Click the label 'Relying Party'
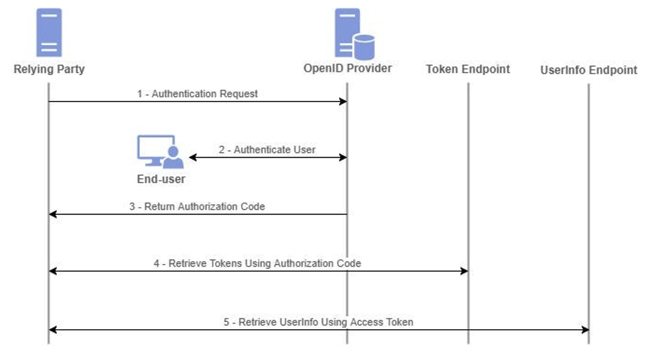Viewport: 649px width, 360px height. tap(49, 69)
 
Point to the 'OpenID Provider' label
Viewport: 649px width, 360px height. tap(347, 68)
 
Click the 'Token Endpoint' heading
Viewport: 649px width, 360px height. tap(468, 69)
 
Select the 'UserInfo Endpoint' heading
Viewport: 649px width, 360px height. tap(589, 70)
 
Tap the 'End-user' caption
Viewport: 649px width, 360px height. tap(161, 179)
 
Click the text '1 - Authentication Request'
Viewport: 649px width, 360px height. tap(197, 94)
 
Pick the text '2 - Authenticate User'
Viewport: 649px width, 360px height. tap(267, 149)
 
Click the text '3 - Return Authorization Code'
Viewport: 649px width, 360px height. tap(197, 206)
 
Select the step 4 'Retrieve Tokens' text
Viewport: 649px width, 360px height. tap(257, 263)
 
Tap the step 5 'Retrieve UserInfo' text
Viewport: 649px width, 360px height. tap(318, 322)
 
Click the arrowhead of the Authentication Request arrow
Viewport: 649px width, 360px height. tap(343, 101)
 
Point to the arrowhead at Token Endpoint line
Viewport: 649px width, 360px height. tap(464, 271)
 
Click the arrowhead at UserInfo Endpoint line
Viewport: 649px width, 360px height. tap(585, 330)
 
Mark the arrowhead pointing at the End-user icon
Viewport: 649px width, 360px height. tap(193, 158)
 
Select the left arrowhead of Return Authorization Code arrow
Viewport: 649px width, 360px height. tap(53, 214)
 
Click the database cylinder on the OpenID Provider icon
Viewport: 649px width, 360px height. tap(364, 47)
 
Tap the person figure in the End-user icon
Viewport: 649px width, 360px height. tap(173, 159)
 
